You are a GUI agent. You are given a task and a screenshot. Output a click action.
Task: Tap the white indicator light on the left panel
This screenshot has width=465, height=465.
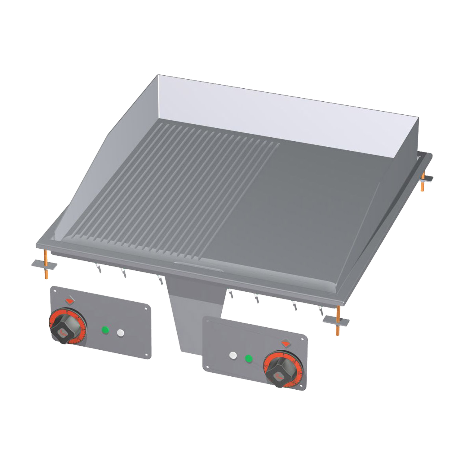pos(121,333)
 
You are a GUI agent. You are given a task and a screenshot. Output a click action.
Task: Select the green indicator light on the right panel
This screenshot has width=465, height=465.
pos(249,358)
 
